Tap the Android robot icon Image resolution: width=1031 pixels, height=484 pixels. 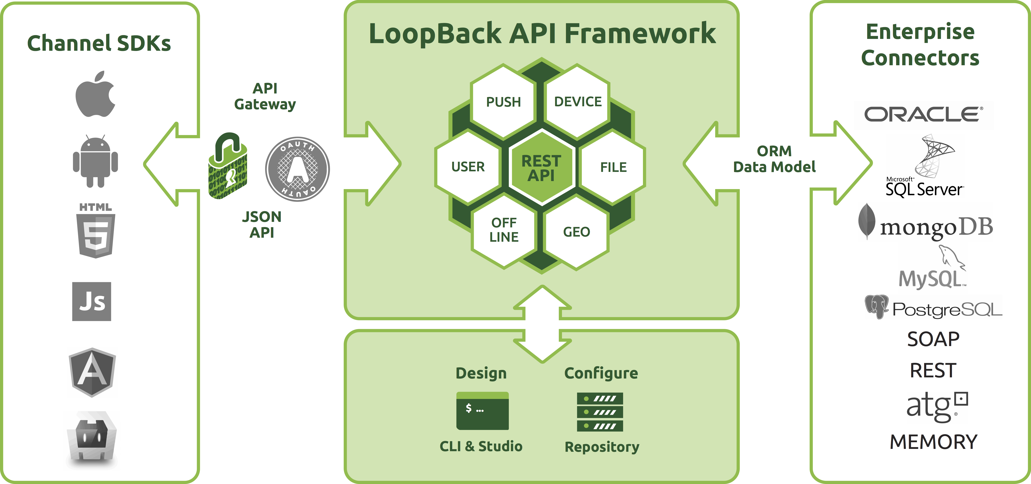coord(95,161)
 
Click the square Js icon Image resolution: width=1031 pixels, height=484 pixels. coord(92,301)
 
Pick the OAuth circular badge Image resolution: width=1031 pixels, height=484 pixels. coord(297,169)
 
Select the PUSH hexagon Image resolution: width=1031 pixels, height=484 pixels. coord(503,102)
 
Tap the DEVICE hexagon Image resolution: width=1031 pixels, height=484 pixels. coord(578,102)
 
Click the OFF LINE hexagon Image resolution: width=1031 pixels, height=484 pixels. coord(504,230)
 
